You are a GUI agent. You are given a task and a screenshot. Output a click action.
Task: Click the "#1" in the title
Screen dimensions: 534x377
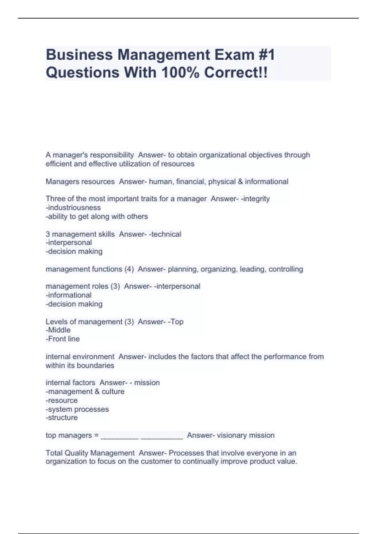266,55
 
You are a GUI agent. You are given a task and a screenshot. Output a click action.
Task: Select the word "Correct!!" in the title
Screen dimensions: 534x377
236,73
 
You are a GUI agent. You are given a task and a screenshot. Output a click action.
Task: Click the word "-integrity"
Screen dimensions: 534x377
255,199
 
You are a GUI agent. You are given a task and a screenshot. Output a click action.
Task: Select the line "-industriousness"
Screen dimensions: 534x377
73,208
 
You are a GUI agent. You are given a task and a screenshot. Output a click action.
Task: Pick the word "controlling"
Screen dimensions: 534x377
286,269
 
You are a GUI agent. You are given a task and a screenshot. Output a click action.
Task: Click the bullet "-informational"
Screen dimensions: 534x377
68,295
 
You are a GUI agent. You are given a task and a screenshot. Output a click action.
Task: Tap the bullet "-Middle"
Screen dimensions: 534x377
58,330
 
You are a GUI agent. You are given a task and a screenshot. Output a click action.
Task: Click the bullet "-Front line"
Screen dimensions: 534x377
63,339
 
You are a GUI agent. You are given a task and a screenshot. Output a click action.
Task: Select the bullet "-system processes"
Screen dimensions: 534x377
77,409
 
